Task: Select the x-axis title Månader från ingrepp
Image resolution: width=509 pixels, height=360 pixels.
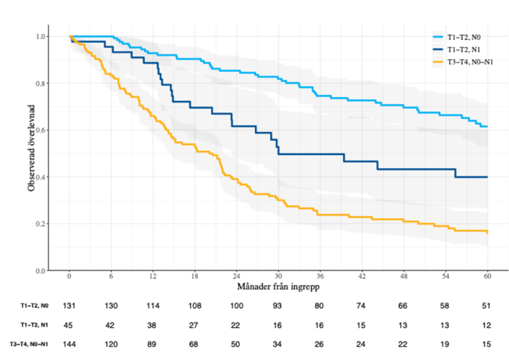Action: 278,288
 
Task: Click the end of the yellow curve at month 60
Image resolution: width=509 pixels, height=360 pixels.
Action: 487,232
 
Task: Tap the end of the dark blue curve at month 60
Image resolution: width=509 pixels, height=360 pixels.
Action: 487,177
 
